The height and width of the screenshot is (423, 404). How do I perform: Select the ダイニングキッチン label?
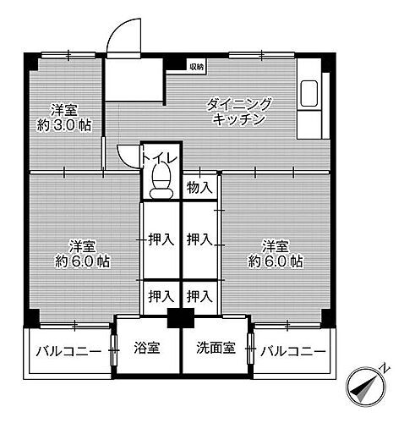(240, 112)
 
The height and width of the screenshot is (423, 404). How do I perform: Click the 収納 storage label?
(196, 66)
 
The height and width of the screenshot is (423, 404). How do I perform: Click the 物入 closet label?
(199, 188)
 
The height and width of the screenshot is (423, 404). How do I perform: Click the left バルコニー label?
(68, 350)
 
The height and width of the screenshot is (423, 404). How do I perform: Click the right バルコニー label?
(293, 350)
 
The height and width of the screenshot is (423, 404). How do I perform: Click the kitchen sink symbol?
(308, 93)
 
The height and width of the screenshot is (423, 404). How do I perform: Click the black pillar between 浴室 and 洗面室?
(179, 320)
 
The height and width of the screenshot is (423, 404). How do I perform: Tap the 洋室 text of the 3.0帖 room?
(64, 109)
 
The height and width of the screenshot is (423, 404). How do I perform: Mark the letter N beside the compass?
(385, 368)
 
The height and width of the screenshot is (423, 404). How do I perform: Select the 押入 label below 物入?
(199, 240)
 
